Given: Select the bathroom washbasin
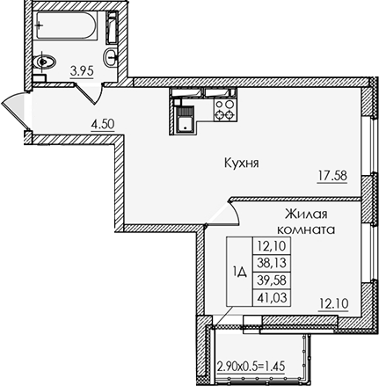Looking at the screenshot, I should (x=110, y=57).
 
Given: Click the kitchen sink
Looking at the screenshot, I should (x=184, y=113).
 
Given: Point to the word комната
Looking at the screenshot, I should (x=307, y=229).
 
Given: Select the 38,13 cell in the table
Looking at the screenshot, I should (x=272, y=264).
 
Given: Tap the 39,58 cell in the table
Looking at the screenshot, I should (x=272, y=280).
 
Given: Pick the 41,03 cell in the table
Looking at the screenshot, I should (x=272, y=295).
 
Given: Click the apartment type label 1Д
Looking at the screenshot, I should (x=238, y=272).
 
